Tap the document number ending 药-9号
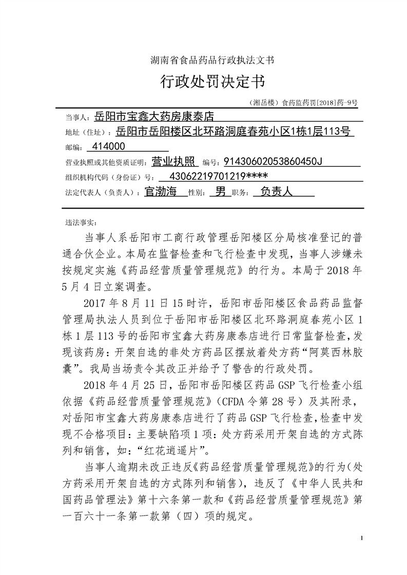303,102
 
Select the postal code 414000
107,147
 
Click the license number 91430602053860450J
273,162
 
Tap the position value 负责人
276,192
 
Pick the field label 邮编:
73,148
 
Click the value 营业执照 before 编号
175,162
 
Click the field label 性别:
197,193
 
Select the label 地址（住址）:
87,132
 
